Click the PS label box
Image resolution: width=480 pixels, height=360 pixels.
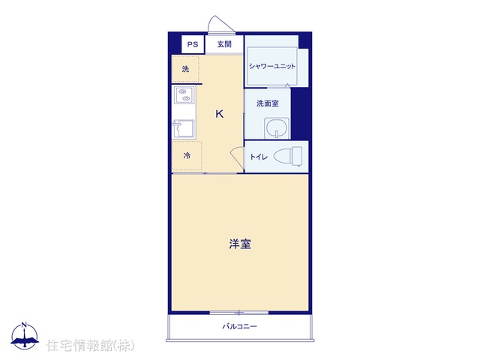(193, 44)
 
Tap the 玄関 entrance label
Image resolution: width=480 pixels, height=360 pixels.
(224, 44)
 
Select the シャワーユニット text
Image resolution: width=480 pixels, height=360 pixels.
(272, 66)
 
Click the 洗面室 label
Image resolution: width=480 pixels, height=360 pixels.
(268, 103)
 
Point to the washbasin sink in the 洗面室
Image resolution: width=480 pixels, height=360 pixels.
(277, 127)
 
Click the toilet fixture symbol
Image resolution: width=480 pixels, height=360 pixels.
(288, 156)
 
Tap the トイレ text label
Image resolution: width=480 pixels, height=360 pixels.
(259, 157)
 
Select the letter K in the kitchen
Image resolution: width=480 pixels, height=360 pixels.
(220, 114)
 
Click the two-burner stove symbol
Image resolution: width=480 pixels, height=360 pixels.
(184, 94)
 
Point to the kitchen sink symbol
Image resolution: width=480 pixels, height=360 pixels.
(184, 128)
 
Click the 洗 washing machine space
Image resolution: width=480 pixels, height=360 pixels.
(185, 69)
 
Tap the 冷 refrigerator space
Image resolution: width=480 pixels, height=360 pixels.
(187, 156)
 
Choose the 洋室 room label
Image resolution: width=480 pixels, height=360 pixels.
(240, 244)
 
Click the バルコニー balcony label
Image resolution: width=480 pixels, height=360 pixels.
(240, 326)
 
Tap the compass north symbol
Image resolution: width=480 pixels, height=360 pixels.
(25, 335)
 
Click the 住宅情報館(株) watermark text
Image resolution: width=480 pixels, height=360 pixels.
(90, 345)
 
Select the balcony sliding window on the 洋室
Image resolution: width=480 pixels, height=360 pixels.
(239, 313)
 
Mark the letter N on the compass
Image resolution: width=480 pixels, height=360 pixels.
(24, 325)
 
